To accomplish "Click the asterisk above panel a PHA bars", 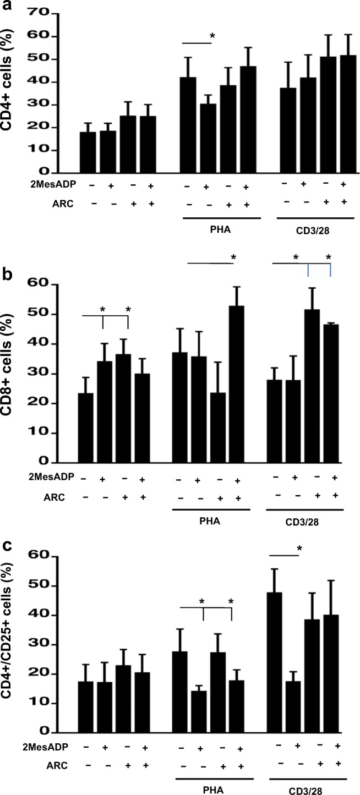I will [212, 37].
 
